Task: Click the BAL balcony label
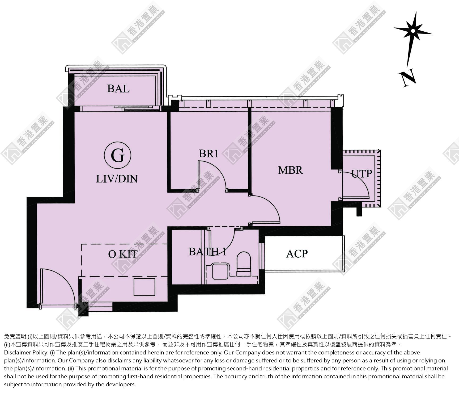coord(118,89)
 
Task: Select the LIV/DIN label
coord(117,179)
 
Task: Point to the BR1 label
coord(209,153)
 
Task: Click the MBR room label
coord(290,170)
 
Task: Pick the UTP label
coord(362,174)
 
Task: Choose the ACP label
coord(297,254)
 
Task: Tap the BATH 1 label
coord(207,252)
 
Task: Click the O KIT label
coord(123,254)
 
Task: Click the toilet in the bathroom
coord(244,264)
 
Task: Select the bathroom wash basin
coord(220,271)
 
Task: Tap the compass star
coord(413,31)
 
